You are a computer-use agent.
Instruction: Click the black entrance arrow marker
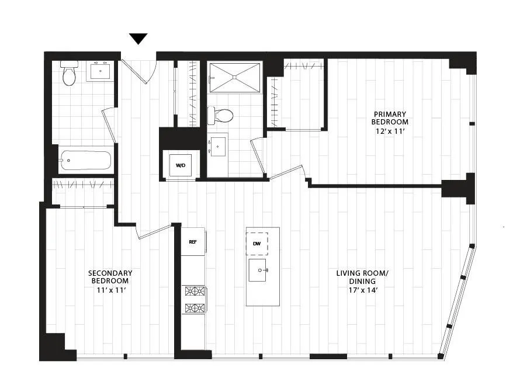coord(138,39)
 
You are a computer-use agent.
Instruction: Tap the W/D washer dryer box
coord(181,165)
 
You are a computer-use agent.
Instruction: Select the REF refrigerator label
coord(192,241)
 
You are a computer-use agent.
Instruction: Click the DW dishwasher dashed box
coord(257,244)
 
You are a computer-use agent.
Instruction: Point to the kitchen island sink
coord(258,270)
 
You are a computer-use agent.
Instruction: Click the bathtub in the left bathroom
coord(85,160)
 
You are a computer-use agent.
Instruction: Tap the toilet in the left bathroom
coord(69,74)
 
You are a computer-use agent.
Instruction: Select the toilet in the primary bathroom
coord(222,115)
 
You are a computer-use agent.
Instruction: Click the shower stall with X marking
coord(234,77)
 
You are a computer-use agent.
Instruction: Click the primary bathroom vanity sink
coord(218,146)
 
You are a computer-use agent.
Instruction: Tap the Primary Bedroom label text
coord(389,118)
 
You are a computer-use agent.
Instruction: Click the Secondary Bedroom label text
coord(110,277)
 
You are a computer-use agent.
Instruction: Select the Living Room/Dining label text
coord(362,277)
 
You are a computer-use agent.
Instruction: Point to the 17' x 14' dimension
coord(362,290)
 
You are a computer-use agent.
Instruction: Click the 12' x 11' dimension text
coord(389,131)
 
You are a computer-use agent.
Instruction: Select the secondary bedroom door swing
coord(153,231)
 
